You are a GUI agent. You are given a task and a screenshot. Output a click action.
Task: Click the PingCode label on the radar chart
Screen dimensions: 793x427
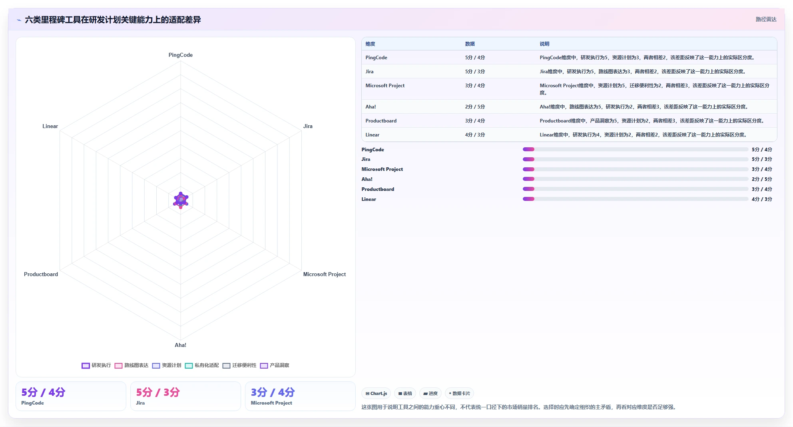[180, 55]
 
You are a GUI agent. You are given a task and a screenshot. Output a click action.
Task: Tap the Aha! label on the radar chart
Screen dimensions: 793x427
[180, 345]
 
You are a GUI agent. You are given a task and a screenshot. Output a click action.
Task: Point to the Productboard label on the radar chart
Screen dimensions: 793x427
[41, 274]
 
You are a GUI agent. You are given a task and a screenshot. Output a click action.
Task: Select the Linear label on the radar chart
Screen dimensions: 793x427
[50, 126]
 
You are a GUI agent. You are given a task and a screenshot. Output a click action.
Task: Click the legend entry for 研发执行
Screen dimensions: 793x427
[96, 365]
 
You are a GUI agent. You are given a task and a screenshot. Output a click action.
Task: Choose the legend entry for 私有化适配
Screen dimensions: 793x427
[202, 365]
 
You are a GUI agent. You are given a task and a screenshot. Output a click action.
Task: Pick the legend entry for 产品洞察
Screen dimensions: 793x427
[275, 365]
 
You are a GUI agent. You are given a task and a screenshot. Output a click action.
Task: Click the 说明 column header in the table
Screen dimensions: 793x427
[544, 44]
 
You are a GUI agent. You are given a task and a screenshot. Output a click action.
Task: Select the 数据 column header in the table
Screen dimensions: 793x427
[470, 44]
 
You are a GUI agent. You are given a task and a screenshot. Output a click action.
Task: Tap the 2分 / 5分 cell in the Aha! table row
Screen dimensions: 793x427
[475, 107]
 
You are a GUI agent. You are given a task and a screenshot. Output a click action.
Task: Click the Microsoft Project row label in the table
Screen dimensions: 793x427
[385, 86]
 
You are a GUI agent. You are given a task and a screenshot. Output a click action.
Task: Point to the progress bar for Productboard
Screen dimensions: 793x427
[636, 189]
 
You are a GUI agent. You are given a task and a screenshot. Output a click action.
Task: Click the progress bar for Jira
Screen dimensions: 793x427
[636, 159]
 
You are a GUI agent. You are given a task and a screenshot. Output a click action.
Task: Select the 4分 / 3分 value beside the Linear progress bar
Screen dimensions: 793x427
[762, 199]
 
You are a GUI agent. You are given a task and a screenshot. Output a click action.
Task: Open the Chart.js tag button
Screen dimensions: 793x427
[376, 393]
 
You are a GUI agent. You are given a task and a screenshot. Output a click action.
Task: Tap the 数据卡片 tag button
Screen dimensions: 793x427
[459, 393]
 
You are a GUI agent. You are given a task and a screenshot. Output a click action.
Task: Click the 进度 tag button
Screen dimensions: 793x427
[430, 393]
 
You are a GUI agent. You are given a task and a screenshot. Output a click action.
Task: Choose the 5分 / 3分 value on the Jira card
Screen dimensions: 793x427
[158, 392]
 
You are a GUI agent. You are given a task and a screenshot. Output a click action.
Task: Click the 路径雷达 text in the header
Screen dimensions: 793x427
[766, 19]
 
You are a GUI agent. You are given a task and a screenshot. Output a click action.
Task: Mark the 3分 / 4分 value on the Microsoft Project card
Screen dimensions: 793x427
[273, 392]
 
